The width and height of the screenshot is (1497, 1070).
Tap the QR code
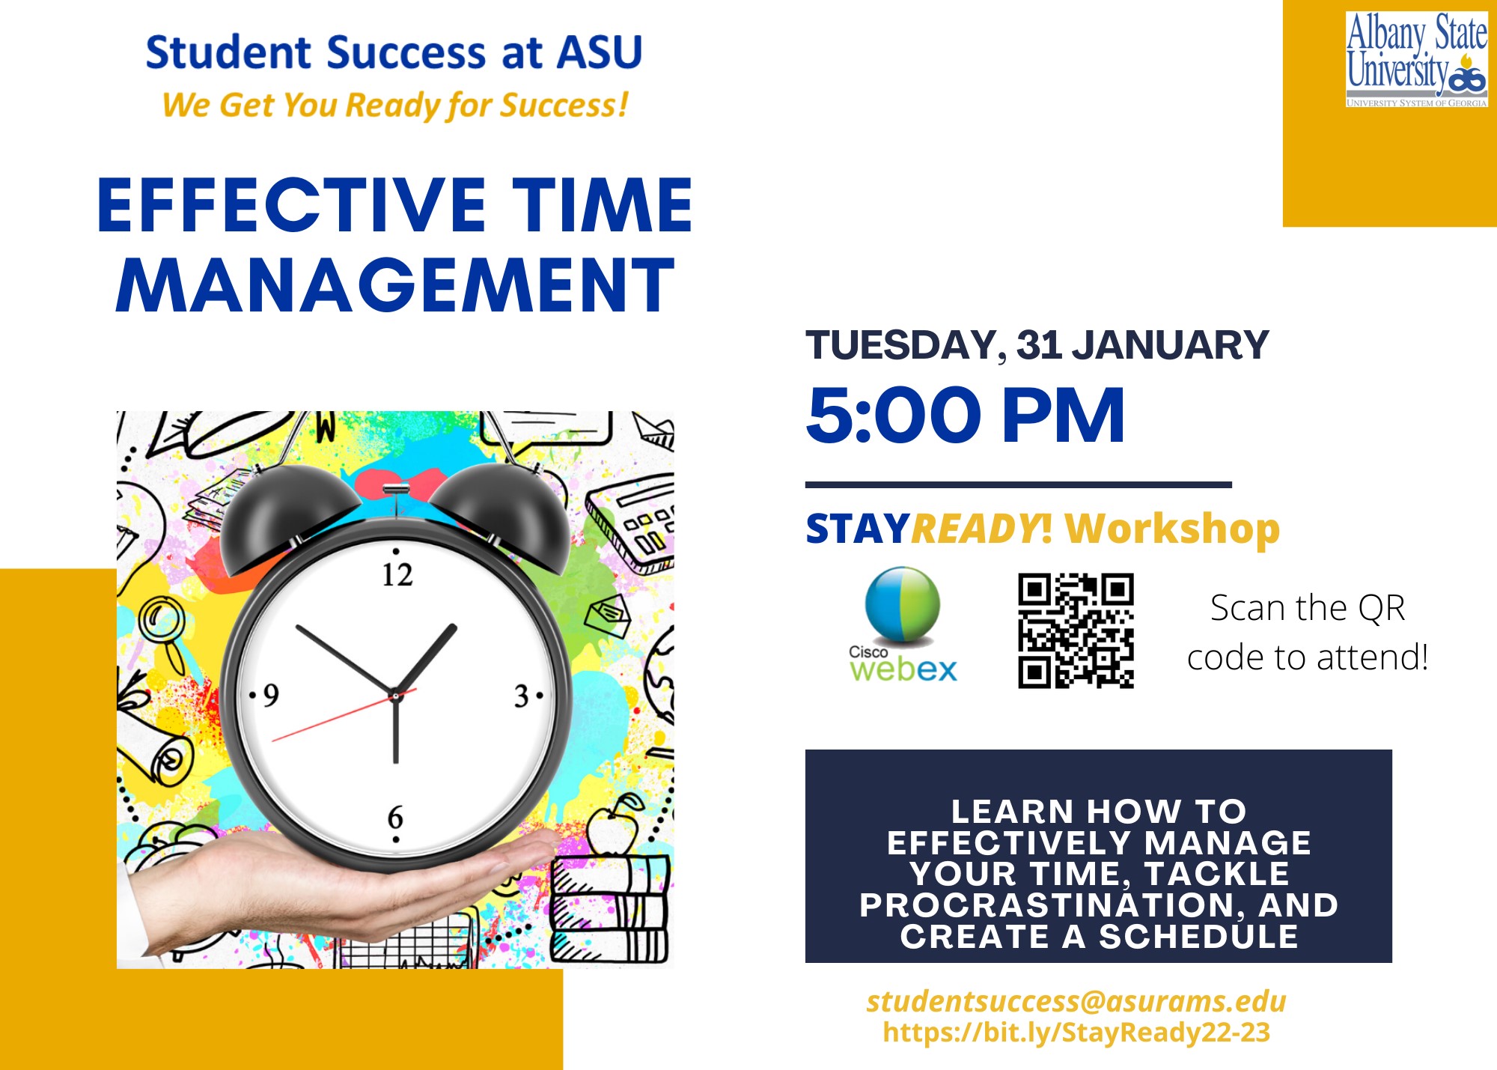pyautogui.click(x=1076, y=630)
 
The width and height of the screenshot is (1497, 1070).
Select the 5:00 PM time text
pyautogui.click(x=966, y=415)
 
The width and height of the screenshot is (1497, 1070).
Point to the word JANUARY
pyautogui.click(x=1171, y=345)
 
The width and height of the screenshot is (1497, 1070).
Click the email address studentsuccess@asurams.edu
pyautogui.click(x=1076, y=1001)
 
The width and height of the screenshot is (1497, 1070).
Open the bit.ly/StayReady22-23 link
pyautogui.click(x=1076, y=1033)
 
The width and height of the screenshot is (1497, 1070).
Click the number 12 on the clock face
pyautogui.click(x=397, y=575)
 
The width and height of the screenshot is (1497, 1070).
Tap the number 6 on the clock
pyautogui.click(x=395, y=817)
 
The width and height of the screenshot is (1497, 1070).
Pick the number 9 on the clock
pyautogui.click(x=271, y=696)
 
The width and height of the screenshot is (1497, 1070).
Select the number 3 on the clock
pyautogui.click(x=522, y=697)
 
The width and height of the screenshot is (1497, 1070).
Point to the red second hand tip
pyautogui.click(x=272, y=741)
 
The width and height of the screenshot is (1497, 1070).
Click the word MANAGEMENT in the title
pyautogui.click(x=395, y=285)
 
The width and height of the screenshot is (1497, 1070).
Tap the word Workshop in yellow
pyautogui.click(x=1172, y=529)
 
